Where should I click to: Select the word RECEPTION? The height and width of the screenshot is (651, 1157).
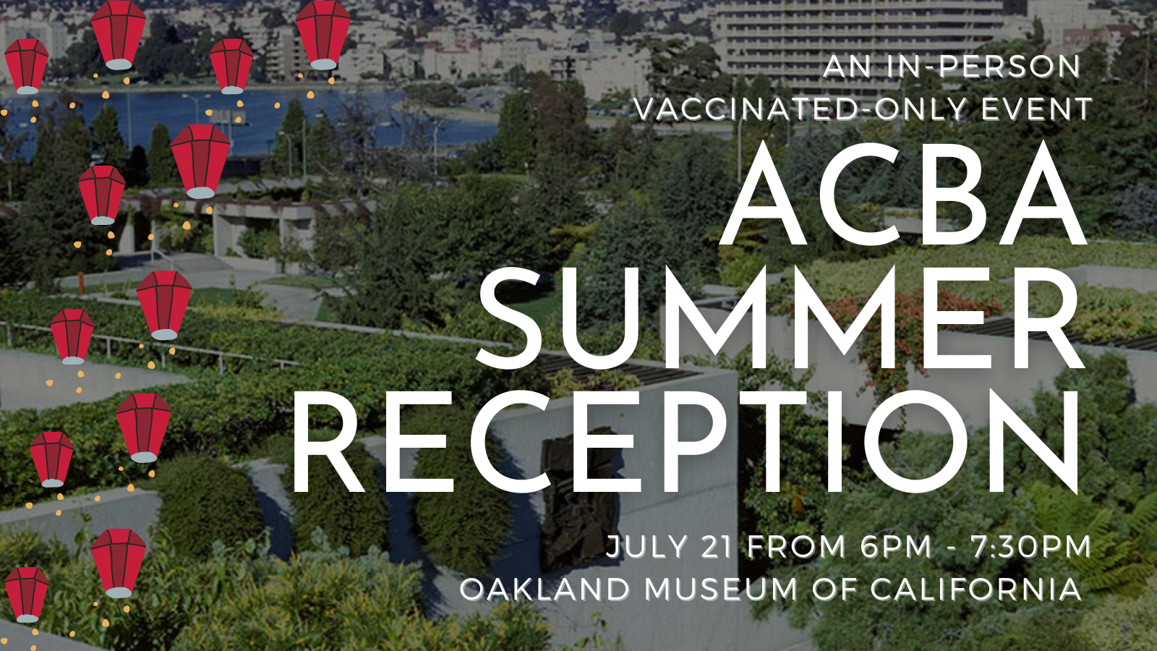686,442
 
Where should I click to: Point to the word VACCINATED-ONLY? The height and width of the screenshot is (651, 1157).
800,109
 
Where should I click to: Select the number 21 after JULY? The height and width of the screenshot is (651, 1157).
717,547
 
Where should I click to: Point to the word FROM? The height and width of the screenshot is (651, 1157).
796,547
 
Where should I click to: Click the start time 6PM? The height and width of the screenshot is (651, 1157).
896,547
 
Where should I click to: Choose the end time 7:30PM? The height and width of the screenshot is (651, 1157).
1031,547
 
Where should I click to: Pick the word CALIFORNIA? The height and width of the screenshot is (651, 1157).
975,589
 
